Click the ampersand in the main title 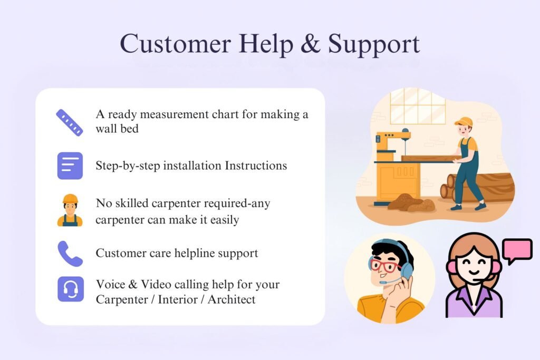310,44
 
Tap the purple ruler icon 70,123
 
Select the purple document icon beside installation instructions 70,166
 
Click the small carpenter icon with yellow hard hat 70,210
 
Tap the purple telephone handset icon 70,254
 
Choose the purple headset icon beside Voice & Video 71,289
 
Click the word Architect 232,299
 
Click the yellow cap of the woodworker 464,122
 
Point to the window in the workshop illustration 418,106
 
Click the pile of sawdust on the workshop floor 410,203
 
